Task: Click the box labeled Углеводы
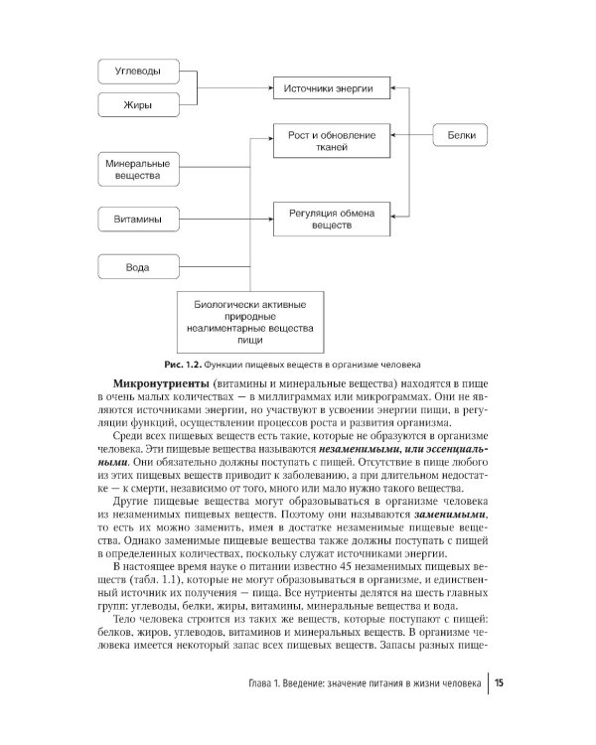pos(141,72)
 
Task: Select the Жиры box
pos(141,104)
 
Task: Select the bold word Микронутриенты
pos(159,382)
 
